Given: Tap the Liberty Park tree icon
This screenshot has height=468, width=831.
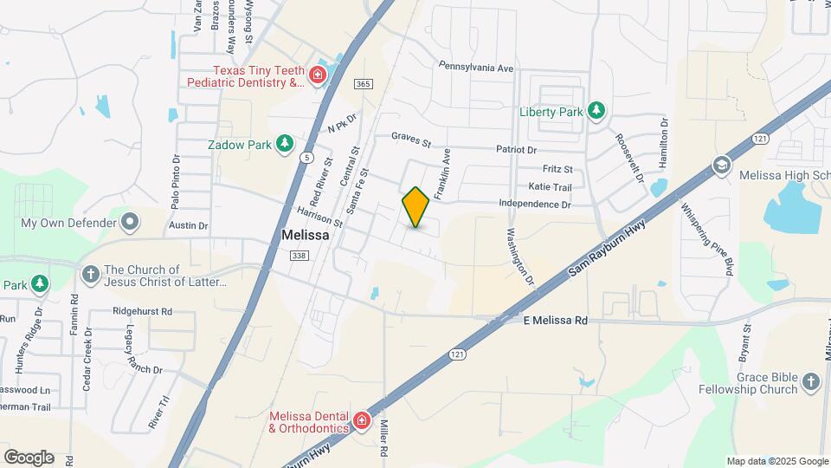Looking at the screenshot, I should tap(596, 111).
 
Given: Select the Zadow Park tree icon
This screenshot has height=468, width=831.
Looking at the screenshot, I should tap(284, 144).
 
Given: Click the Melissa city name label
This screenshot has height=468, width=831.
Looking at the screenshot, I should tap(304, 235).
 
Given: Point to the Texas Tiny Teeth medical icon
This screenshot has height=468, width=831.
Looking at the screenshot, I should tap(318, 75).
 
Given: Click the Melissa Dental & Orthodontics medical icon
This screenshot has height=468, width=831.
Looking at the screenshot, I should tap(360, 423).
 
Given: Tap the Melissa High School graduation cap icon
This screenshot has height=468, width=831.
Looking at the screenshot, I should tap(722, 165).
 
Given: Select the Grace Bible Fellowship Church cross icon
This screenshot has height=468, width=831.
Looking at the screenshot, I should tap(810, 382).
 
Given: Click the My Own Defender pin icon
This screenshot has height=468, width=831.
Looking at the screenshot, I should tap(130, 223).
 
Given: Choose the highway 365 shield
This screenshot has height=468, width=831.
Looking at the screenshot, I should tap(363, 83).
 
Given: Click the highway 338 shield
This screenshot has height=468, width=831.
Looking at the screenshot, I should tap(297, 254).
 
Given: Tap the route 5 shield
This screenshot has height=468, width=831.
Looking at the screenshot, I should tap(307, 157).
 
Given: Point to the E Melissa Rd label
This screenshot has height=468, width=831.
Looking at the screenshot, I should tap(556, 321).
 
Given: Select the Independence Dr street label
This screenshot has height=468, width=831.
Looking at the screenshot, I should tap(535, 205).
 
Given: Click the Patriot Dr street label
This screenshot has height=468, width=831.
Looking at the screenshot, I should tap(517, 150).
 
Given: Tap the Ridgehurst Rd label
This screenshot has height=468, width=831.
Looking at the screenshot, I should tap(142, 310).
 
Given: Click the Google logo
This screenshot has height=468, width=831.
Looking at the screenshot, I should tap(29, 458).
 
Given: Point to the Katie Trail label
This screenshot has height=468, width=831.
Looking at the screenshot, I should tap(550, 187).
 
